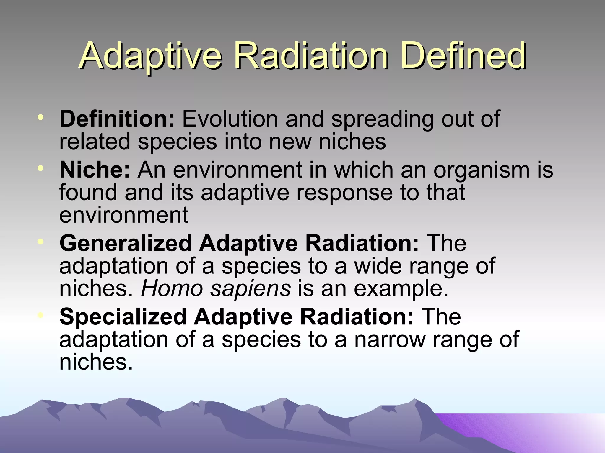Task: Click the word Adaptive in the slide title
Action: click(151, 56)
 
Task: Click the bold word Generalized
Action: click(126, 243)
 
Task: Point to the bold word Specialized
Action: click(123, 317)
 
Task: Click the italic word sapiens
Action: click(250, 289)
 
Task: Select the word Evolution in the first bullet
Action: click(230, 119)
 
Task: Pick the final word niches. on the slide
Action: click(96, 362)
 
